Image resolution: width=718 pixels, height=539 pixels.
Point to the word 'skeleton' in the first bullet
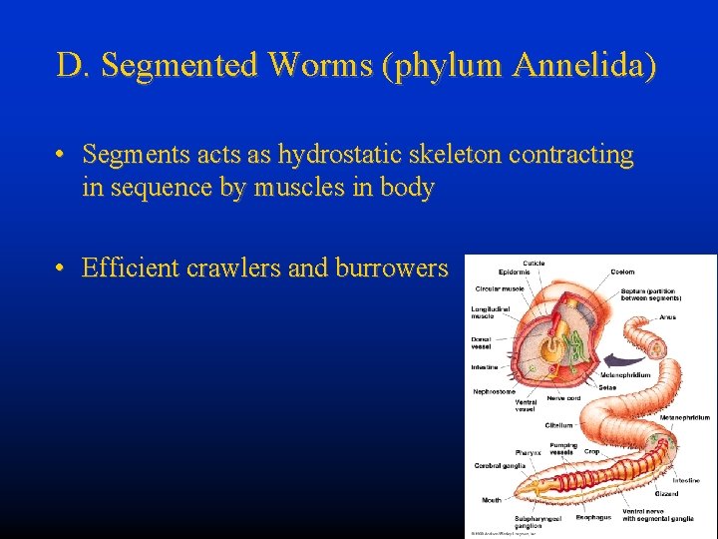(455, 156)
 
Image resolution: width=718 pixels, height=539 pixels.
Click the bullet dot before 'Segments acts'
(61, 156)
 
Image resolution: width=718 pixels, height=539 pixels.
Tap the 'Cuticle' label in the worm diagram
(534, 264)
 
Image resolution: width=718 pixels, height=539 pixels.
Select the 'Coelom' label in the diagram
(622, 271)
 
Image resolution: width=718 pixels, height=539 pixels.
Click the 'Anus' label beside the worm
(667, 317)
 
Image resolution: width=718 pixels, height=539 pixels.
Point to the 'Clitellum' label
(558, 425)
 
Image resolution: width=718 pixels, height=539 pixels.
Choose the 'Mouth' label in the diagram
(492, 500)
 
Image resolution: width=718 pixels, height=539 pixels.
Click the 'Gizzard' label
(667, 493)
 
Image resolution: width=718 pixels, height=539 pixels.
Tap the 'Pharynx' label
(529, 452)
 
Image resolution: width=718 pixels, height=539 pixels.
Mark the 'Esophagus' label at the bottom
(593, 517)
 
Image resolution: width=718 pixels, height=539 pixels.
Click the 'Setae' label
(607, 387)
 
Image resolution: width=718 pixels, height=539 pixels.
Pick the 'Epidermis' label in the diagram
(515, 271)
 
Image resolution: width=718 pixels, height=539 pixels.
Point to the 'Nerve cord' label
(563, 397)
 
